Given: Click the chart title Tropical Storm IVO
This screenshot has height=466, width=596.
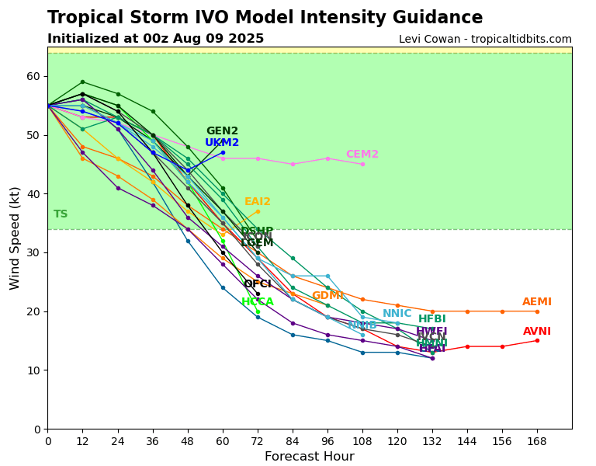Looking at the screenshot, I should (265, 18).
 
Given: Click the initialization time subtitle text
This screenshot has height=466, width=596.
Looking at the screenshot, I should (155, 39).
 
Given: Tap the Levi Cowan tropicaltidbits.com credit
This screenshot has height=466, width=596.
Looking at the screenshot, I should (485, 40).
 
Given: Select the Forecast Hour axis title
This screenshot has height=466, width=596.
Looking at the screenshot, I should (309, 457).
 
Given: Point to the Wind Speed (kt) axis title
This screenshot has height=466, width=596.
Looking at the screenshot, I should (16, 238).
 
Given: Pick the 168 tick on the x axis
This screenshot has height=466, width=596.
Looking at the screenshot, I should (537, 441).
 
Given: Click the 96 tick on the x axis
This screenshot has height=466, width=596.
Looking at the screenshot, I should (327, 441).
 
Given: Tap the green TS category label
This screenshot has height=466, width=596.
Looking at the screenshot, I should (61, 214).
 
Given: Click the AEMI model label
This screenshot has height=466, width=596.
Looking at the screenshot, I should (537, 302).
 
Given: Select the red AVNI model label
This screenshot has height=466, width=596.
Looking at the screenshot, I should (537, 332).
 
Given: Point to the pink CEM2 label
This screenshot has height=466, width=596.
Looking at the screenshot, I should (362, 155).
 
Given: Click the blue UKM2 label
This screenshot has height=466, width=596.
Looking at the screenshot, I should (222, 143).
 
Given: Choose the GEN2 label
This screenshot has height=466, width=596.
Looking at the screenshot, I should (222, 131).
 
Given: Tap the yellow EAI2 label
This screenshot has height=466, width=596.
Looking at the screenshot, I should (258, 202).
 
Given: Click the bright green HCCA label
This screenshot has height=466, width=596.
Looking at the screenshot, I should (258, 302).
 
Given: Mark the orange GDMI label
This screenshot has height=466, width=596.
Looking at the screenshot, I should (327, 296).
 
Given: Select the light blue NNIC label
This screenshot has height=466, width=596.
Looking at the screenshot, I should (397, 314).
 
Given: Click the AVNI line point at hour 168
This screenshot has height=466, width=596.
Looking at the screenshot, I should (537, 340).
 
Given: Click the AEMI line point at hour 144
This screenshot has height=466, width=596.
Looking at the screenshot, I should (467, 311).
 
